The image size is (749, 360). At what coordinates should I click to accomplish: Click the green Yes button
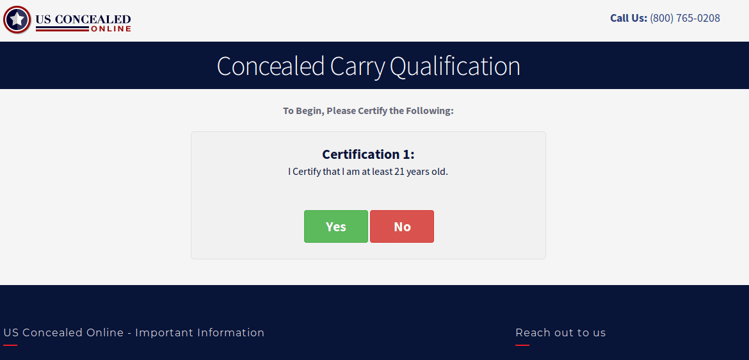(x=335, y=227)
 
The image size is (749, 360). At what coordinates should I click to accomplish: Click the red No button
(x=402, y=227)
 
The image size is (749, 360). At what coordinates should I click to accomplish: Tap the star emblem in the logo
(x=17, y=20)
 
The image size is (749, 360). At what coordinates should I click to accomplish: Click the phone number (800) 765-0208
(x=684, y=18)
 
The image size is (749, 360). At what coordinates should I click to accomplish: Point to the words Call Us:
(x=628, y=18)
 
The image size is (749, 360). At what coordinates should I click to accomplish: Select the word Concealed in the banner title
(x=270, y=66)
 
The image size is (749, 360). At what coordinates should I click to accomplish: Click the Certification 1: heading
(x=368, y=154)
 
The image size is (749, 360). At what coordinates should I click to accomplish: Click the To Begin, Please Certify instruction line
(x=368, y=111)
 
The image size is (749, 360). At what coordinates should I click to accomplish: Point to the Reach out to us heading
(x=560, y=332)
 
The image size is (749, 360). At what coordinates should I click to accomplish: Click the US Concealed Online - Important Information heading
(x=134, y=332)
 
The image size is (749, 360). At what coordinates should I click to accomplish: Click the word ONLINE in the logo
(x=111, y=29)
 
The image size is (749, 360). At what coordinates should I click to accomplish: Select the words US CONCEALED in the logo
(x=83, y=19)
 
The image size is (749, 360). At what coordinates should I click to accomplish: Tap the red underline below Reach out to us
(x=522, y=345)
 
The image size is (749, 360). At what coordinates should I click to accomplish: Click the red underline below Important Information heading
(x=10, y=345)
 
